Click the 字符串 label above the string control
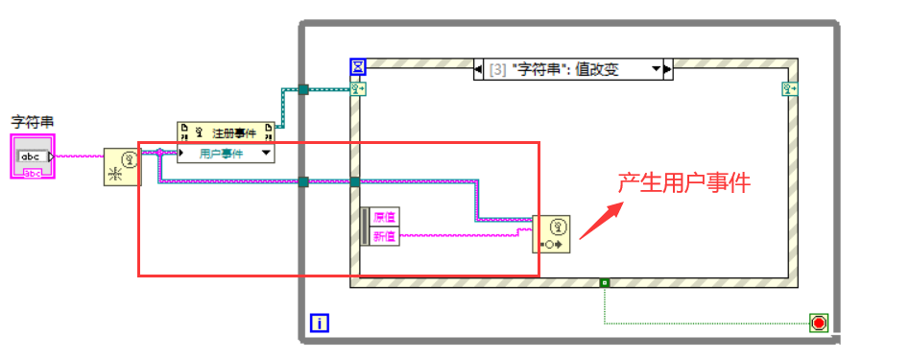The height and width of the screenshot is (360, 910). (x=32, y=122)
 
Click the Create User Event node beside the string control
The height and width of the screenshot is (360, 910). (x=122, y=167)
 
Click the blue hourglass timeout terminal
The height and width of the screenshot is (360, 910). (x=357, y=67)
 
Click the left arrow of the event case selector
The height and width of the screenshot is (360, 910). (x=480, y=69)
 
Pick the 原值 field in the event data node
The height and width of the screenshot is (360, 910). (x=383, y=217)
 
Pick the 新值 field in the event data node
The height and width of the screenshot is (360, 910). (x=383, y=236)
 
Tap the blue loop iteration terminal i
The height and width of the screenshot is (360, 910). (x=320, y=324)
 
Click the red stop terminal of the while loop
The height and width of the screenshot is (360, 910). (x=818, y=323)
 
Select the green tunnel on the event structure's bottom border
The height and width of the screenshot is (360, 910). (x=604, y=282)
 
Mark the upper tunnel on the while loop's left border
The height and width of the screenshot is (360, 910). (x=302, y=89)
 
